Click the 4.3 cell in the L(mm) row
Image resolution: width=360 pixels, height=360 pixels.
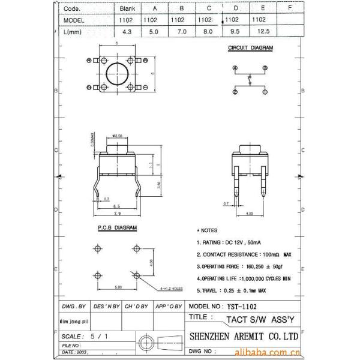[x=127, y=31]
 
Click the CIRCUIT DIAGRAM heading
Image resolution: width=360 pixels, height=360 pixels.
[x=250, y=47]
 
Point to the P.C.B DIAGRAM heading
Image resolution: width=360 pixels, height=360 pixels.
[x=113, y=229]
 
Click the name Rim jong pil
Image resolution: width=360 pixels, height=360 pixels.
[x=76, y=320]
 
